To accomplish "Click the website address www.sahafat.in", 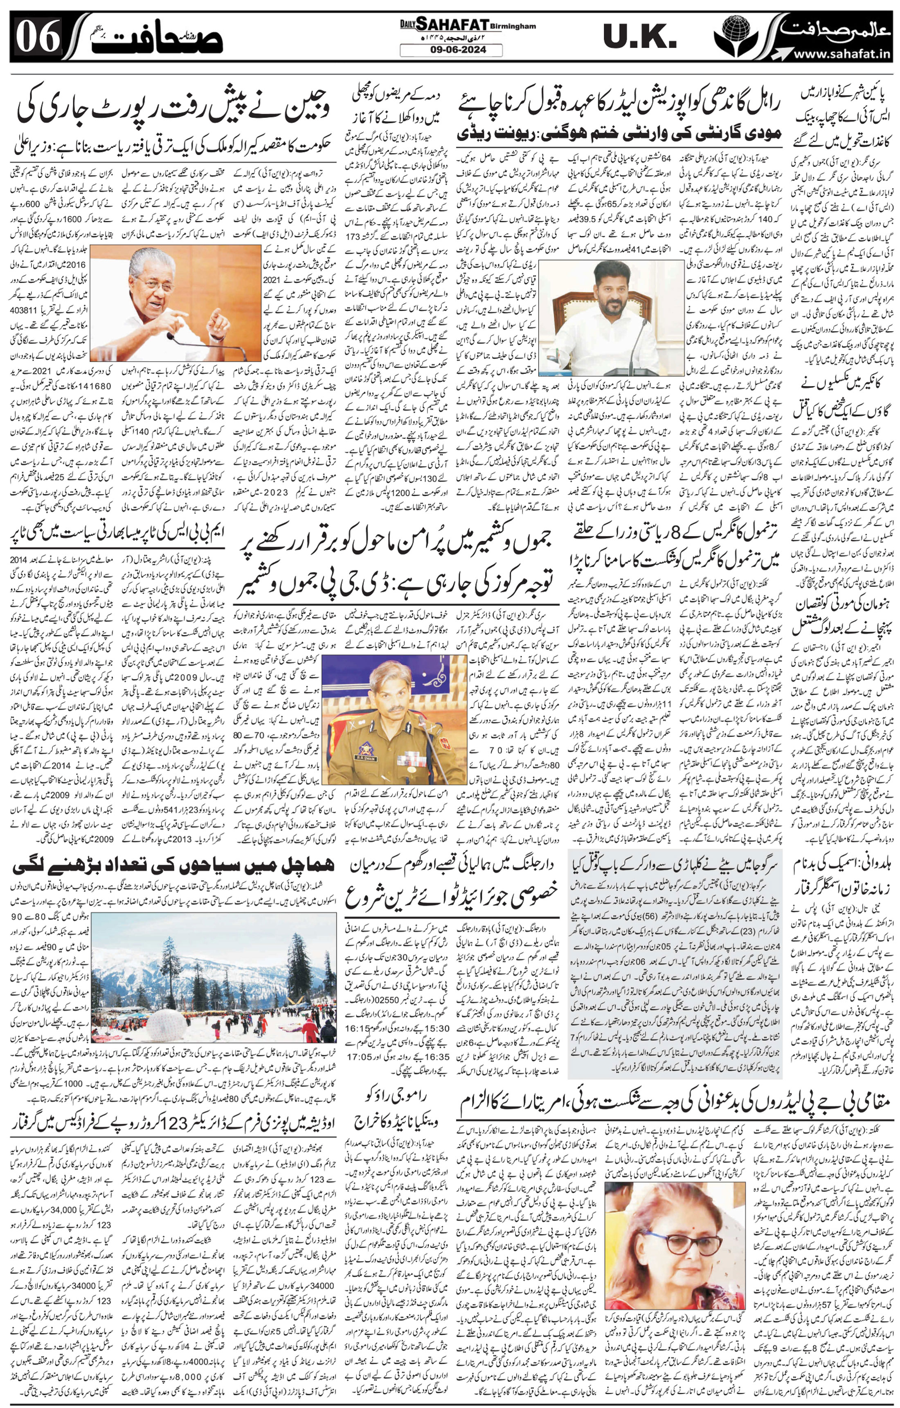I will tap(841, 54).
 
